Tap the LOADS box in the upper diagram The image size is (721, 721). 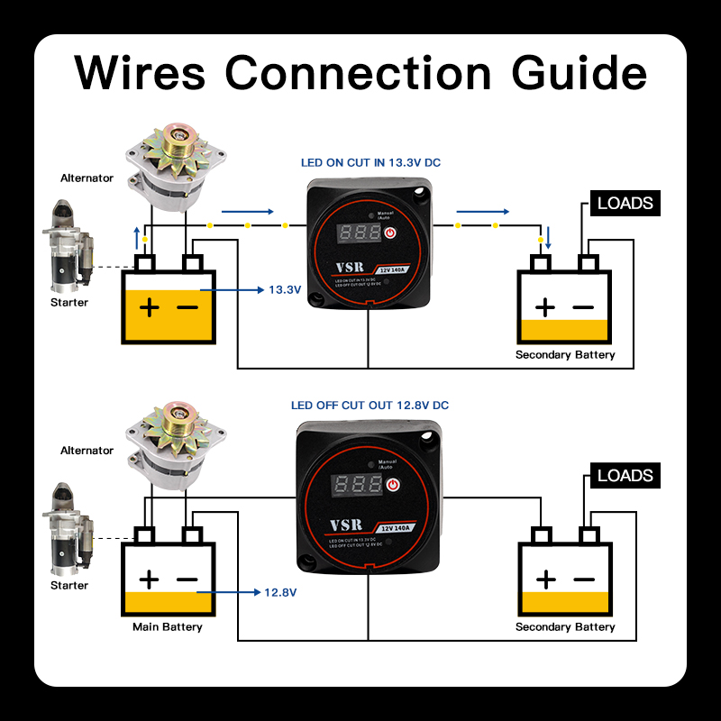point(625,203)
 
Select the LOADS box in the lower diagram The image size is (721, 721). point(625,475)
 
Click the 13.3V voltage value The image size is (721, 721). point(285,290)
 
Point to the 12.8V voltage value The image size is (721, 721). point(280,592)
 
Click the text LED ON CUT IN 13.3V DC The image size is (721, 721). point(370,163)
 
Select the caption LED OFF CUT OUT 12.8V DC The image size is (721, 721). point(370,406)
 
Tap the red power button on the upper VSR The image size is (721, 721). point(390,233)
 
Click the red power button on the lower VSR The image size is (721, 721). point(392,487)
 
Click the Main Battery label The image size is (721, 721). point(168,626)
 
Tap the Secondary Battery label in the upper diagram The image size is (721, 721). point(565,354)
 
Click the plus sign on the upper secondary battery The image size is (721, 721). point(544,306)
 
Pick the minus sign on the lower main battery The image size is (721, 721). point(187,580)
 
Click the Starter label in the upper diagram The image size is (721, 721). point(69,302)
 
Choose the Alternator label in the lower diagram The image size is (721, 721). point(87,450)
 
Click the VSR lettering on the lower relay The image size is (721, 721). point(346,525)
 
